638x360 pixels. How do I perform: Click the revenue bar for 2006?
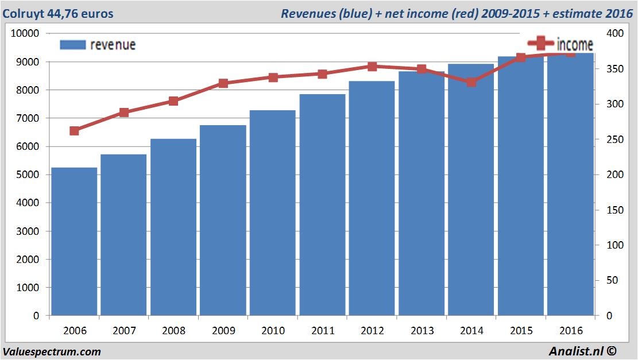pos(74,241)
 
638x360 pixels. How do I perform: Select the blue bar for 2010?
pos(273,212)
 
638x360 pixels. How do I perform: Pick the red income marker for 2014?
pos(471,82)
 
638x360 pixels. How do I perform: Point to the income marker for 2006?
pos(74,131)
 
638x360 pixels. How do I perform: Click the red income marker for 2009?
pos(223,83)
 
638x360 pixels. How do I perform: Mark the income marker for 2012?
pos(372,67)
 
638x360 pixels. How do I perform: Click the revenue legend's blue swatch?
pos(72,45)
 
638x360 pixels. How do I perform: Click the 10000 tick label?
pos(25,33)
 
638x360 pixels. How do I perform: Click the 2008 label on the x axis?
pos(174,331)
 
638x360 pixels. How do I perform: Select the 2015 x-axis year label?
pos(521,331)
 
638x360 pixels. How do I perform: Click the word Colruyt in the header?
pos(22,13)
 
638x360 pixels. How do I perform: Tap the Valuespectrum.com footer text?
pos(52,351)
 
